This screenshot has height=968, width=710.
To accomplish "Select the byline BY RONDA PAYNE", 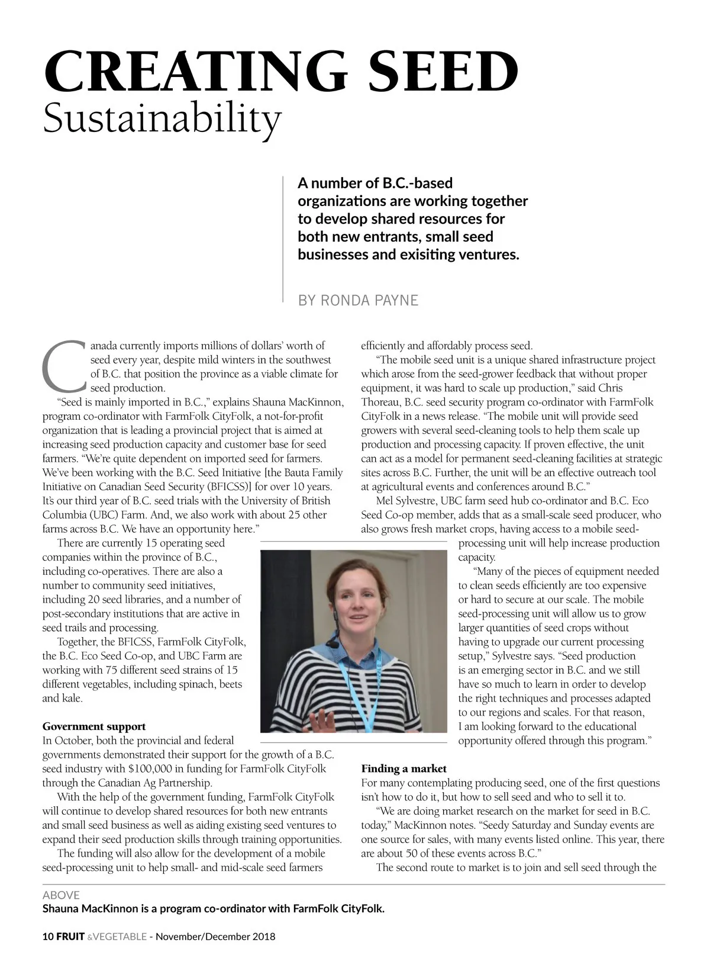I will [x=358, y=300].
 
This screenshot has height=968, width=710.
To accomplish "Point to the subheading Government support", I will [x=93, y=726].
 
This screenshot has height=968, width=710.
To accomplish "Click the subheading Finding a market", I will [x=404, y=768].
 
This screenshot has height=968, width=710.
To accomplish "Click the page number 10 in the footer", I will [x=48, y=937].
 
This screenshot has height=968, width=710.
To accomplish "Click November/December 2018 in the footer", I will [x=215, y=937].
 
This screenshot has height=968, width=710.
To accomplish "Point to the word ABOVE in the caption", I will [x=61, y=895].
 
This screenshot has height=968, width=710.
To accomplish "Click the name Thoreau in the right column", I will [x=380, y=402].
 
